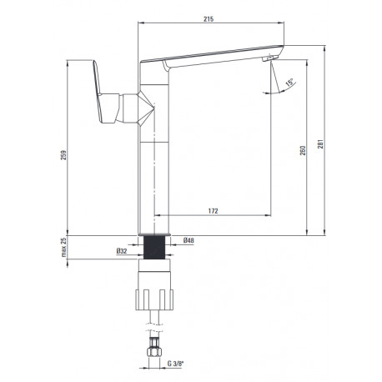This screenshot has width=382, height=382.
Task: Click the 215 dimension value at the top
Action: coord(209,19)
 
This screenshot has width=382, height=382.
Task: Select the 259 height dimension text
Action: coord(63,155)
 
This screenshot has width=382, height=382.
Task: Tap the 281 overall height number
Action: coord(320,143)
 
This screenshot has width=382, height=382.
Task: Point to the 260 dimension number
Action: coord(303,150)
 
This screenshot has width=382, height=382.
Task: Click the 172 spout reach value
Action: coord(213,211)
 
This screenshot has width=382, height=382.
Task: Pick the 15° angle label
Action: coord(289,83)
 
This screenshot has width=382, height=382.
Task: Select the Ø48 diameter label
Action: coord(188,240)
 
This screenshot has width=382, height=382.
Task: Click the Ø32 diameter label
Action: coord(122,251)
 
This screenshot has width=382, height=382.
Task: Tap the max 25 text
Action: coord(64,247)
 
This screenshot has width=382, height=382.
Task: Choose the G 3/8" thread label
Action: coord(175,364)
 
